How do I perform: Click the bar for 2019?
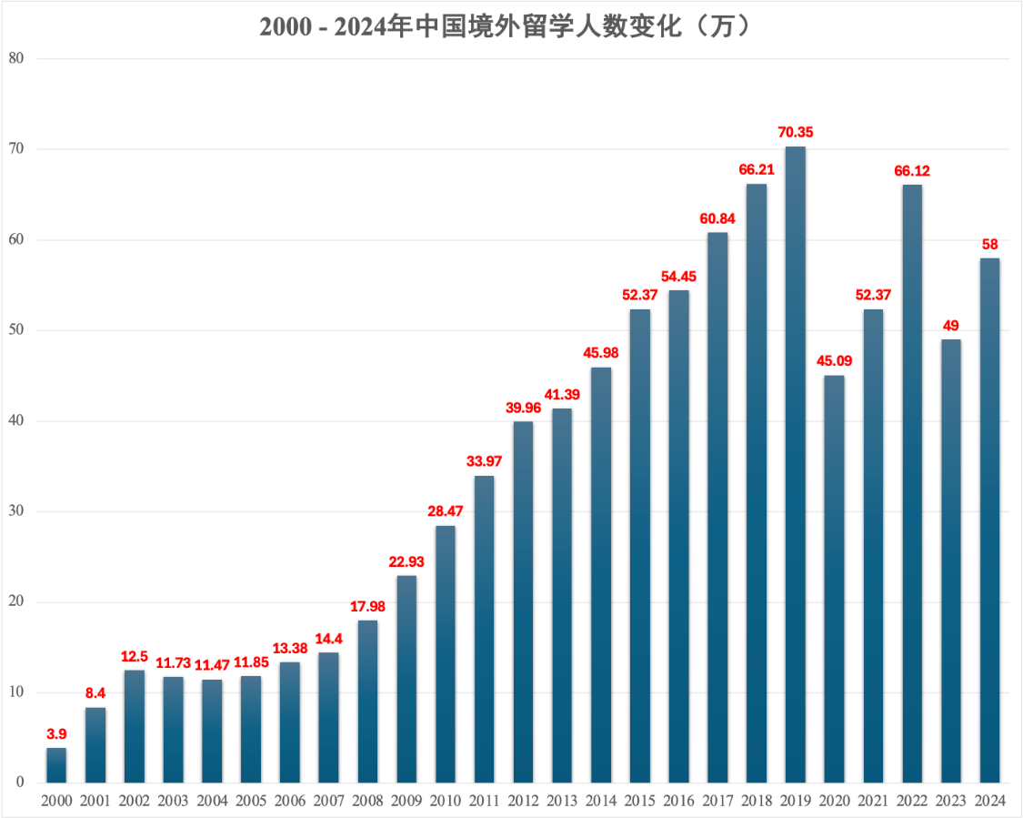pyautogui.click(x=795, y=464)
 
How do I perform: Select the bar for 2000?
pyautogui.click(x=56, y=765)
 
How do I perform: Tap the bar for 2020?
pyautogui.click(x=834, y=579)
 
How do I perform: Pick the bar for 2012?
pyautogui.click(x=523, y=601)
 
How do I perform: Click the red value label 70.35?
pyautogui.click(x=795, y=132)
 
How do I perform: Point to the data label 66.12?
pyautogui.click(x=912, y=171)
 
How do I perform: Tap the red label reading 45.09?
pyautogui.click(x=834, y=361)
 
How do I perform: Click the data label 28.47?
pyautogui.click(x=446, y=511)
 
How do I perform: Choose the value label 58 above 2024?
pyautogui.click(x=989, y=244)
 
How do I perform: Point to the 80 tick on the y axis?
pyautogui.click(x=16, y=58)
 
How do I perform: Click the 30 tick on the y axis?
pyautogui.click(x=16, y=511)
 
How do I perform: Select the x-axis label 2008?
pyautogui.click(x=367, y=801)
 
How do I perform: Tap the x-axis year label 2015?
pyautogui.click(x=639, y=801)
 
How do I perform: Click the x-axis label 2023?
pyautogui.click(x=950, y=801)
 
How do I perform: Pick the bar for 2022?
pyautogui.click(x=912, y=483)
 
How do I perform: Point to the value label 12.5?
pyautogui.click(x=135, y=656)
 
